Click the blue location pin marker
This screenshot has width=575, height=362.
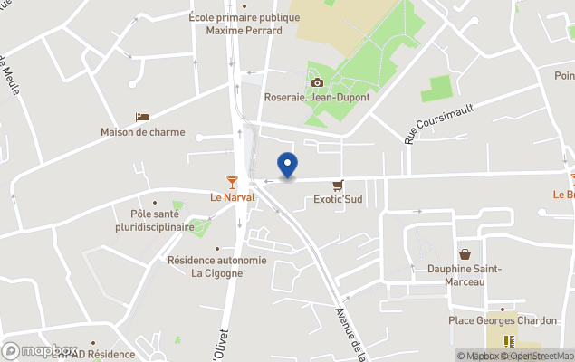pos(287,166)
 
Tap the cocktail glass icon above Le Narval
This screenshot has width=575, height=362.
pos(233,182)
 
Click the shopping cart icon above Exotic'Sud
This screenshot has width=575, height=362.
pos(338,184)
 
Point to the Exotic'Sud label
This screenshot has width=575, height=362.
pos(338,199)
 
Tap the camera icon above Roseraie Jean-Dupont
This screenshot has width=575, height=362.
pos(317,82)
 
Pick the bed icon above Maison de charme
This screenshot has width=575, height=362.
pos(142,117)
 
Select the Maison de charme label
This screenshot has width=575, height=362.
pos(142,132)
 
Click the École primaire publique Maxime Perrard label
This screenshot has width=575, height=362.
pos(244,24)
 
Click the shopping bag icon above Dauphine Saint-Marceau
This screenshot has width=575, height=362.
pos(465,254)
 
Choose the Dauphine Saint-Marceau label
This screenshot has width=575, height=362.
pos(464,275)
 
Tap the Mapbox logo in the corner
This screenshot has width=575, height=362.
pos(40,350)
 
